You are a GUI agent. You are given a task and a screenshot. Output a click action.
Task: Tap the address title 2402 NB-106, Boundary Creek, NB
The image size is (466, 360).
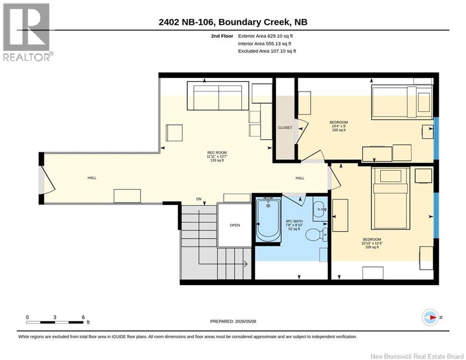tap(233, 22)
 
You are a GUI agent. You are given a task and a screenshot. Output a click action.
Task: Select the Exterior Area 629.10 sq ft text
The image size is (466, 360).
tap(266, 36)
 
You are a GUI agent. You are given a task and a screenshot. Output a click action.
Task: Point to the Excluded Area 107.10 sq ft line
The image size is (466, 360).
tap(267, 51)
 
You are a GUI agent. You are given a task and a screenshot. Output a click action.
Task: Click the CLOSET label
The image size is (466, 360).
tap(285, 127)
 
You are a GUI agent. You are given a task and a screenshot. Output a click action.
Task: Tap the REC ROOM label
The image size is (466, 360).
tap(217, 153)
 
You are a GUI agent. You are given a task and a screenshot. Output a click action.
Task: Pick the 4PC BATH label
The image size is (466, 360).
tap(294, 221)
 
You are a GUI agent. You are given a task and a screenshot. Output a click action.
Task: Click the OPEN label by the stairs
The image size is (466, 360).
tap(235, 225)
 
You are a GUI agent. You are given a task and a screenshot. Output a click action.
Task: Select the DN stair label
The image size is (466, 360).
tap(199, 199)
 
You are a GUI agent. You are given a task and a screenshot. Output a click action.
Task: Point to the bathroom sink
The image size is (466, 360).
tap(320, 210)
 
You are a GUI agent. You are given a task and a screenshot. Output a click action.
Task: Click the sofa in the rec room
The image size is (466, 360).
tap(218, 96)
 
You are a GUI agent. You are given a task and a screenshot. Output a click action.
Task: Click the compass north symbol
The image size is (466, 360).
tap(430, 317)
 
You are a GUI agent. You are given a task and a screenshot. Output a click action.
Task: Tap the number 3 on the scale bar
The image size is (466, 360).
tap(55, 317)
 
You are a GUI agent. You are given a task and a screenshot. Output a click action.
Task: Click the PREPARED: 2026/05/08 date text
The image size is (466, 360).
tap(233, 321)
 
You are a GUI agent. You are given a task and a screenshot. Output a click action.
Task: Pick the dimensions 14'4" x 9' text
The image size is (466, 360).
tap(339, 126)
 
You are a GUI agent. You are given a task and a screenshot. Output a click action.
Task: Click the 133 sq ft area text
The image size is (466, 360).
tap(217, 160)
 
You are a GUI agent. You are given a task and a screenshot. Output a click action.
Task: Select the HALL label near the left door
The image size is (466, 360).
tap(92, 178)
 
